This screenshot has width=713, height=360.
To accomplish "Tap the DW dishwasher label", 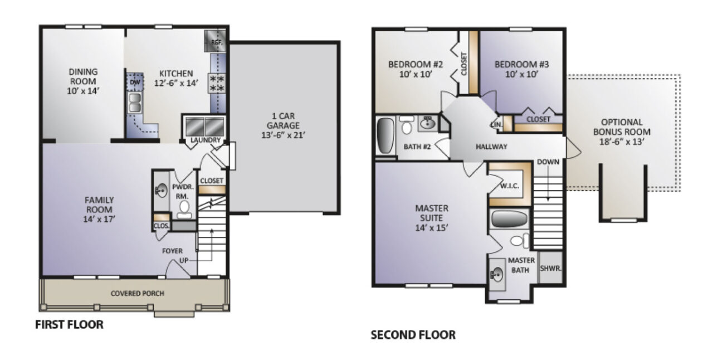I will click(x=134, y=82).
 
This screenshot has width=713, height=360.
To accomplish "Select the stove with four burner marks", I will click(x=216, y=84).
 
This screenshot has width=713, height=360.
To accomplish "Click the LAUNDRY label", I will click(x=206, y=140).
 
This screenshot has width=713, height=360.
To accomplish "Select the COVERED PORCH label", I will click(x=138, y=294).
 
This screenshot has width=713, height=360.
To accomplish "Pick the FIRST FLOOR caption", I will click(x=70, y=325).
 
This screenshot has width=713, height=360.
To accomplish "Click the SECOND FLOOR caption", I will click(x=413, y=335).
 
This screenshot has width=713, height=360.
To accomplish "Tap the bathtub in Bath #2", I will click(x=385, y=135).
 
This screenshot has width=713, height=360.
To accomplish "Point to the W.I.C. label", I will click(x=510, y=186).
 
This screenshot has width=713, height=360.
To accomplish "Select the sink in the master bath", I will click(x=497, y=275).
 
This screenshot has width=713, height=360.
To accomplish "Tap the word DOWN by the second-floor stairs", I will click(x=548, y=162).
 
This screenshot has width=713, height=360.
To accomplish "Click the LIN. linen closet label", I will click(x=495, y=124).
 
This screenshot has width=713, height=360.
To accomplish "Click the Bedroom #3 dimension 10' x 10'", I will click(x=522, y=75).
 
